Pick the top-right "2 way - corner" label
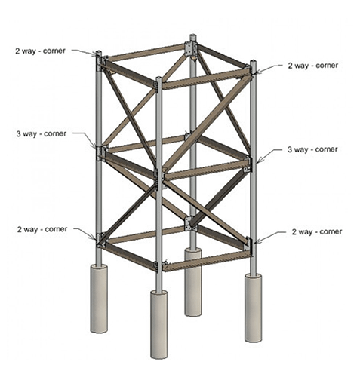pos(314,66)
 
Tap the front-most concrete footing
pos(159,324)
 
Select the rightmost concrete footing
pos(252,308)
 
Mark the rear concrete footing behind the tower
pos(193,283)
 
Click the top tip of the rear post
pos(193,36)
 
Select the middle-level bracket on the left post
pos(100,151)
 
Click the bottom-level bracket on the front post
pos(159,265)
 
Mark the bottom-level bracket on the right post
pos(250,246)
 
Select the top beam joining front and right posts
pos(205,78)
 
